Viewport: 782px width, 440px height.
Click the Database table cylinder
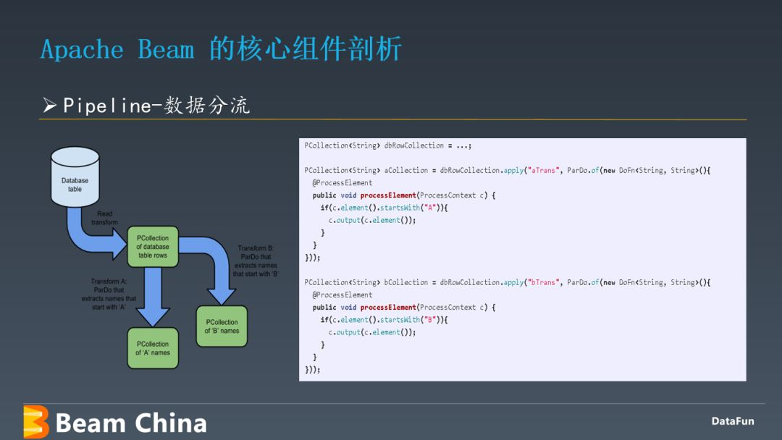[x=75, y=177]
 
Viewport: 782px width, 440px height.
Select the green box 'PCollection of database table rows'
[x=153, y=247]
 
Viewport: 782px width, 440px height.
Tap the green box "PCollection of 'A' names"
[x=153, y=348]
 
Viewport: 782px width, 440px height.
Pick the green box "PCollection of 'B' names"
[x=222, y=326]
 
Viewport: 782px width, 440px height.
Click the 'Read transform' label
[x=105, y=218]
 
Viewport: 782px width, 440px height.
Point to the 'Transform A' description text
[x=109, y=294]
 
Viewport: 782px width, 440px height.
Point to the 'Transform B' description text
[x=256, y=261]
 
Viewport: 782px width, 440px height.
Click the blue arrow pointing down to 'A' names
[x=153, y=297]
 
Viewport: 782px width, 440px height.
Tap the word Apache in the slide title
[x=82, y=50]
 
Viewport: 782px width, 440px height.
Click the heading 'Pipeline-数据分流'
[x=156, y=105]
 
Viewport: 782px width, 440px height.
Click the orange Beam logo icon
[x=36, y=422]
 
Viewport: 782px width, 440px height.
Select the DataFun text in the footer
[x=733, y=421]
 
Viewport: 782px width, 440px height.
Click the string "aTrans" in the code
[x=543, y=170]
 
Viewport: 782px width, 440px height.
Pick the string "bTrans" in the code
[x=543, y=282]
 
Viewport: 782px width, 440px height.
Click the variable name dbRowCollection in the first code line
[x=414, y=145]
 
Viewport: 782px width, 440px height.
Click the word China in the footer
[x=171, y=423]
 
